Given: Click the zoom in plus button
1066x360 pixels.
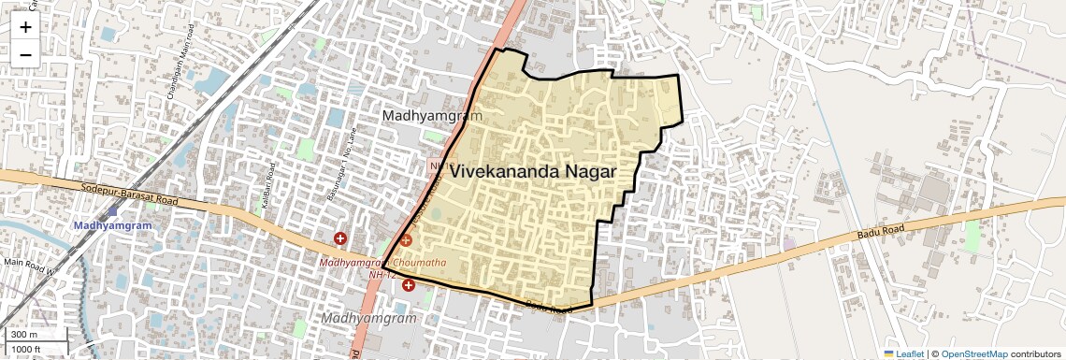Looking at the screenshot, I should tap(25, 26).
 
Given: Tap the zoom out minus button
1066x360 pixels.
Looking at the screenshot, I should tap(25, 54).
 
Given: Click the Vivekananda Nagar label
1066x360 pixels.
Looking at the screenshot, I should tap(533, 172).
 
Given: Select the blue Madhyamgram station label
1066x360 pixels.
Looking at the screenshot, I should tap(112, 226).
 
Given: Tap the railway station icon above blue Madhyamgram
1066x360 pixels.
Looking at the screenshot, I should tap(112, 212).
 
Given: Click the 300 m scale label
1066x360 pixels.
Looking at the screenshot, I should tap(24, 335).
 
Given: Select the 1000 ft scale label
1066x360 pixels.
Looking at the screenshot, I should tap(26, 349).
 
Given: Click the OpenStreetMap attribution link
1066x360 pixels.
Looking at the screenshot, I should tap(973, 353).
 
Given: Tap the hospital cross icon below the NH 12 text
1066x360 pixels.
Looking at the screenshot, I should tap(409, 284).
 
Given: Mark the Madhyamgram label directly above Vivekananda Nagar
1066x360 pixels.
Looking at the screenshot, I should tap(432, 115).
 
